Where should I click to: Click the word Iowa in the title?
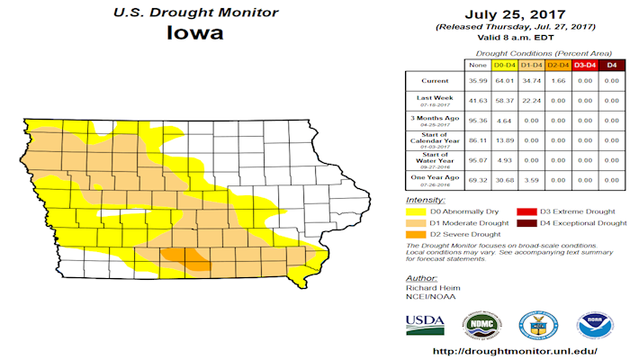pos(194,33)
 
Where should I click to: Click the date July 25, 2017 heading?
pos(516,14)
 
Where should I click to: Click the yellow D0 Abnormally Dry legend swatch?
pos(416,210)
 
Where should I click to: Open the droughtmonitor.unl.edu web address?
pos(516,351)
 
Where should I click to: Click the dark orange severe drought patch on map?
pos(188,260)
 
